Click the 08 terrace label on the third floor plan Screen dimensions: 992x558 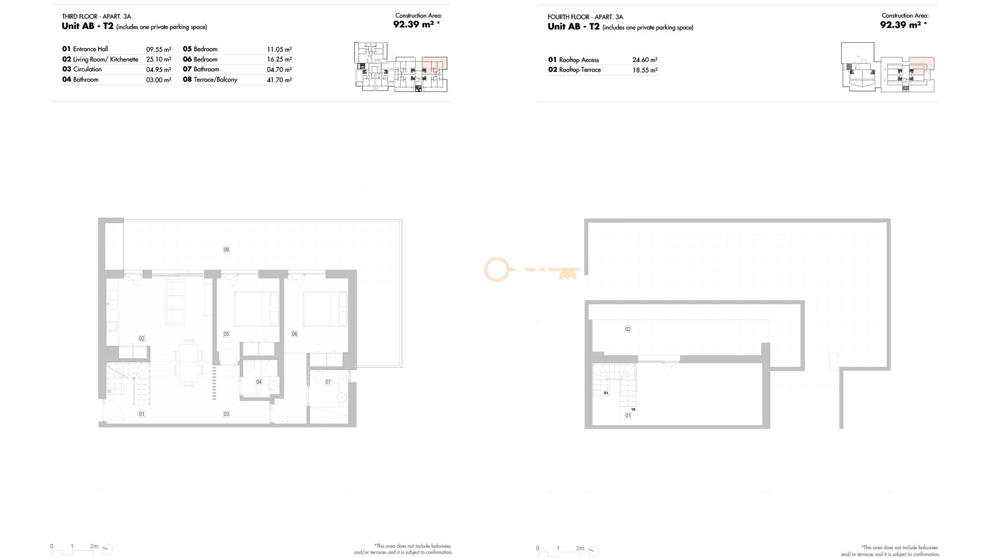[x=226, y=250]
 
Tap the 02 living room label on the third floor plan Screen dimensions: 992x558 [x=142, y=338]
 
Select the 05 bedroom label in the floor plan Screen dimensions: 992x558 [x=226, y=334]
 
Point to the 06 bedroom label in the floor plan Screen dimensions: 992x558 [x=295, y=334]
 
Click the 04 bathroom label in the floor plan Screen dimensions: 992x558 [x=259, y=382]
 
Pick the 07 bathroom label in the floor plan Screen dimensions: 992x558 [x=328, y=382]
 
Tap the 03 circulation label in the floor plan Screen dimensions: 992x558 [x=226, y=414]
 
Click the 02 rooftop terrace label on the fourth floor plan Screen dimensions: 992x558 [x=628, y=329]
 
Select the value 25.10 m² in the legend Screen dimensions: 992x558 [x=159, y=59]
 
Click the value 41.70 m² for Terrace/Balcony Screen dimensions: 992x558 [x=280, y=80]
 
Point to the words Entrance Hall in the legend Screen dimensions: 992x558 [x=90, y=49]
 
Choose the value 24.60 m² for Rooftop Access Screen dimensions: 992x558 [x=645, y=60]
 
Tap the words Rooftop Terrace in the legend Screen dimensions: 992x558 [x=580, y=70]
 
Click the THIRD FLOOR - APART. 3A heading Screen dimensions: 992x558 [x=97, y=17]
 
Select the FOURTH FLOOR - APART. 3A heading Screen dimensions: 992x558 [x=585, y=17]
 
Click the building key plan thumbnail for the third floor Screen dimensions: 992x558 [x=401, y=67]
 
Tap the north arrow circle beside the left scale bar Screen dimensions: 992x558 [x=107, y=549]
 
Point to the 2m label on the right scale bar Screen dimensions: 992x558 [x=580, y=549]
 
